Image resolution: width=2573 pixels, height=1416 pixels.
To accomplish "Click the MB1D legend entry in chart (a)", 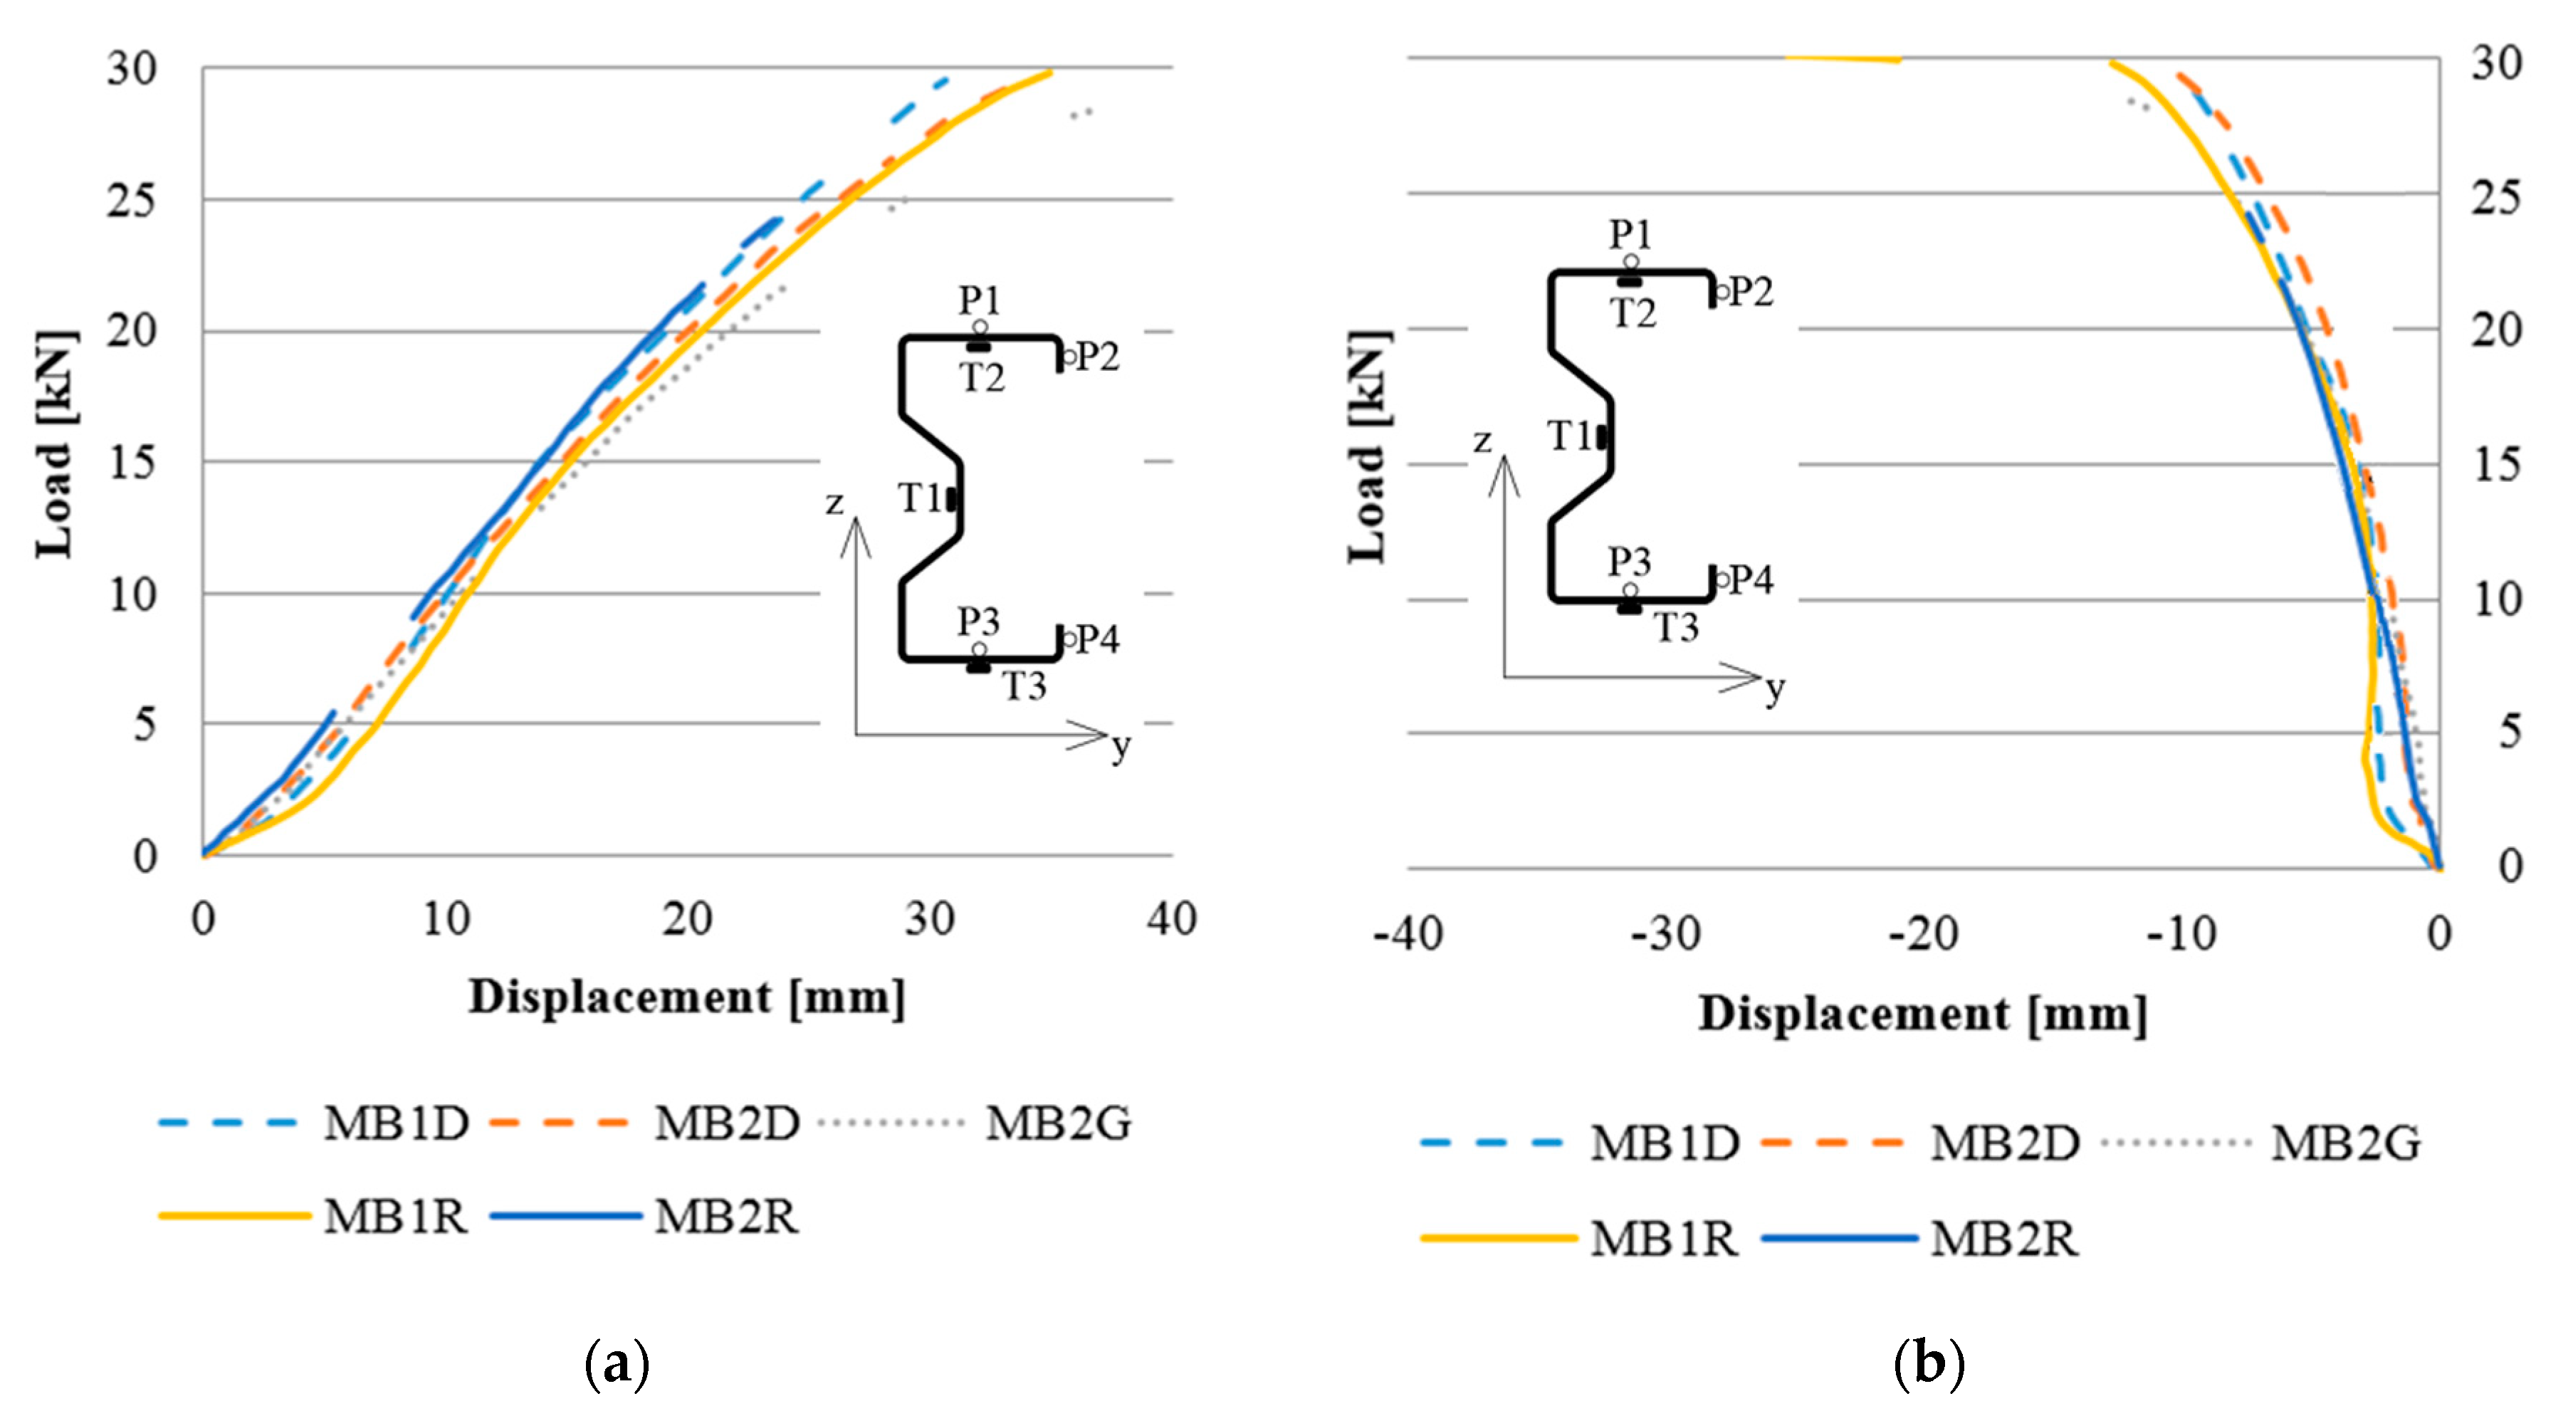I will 396,1123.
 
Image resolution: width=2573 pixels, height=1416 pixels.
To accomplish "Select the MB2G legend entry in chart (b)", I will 2344,1143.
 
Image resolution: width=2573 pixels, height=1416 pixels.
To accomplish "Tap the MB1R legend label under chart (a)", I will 396,1216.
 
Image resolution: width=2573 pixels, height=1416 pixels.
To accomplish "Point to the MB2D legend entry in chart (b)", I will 2003,1143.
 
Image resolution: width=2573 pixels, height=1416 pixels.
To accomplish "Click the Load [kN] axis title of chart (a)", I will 55,444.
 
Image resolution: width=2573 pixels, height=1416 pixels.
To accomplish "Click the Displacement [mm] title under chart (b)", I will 1923,1014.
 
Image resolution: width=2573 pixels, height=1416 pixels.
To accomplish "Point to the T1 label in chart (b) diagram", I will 1569,436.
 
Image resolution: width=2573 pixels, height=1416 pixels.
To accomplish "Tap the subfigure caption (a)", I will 617,1362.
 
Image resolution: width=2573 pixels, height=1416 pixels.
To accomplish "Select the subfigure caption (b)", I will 1928,1362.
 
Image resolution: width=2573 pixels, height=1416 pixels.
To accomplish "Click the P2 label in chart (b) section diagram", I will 1750,292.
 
